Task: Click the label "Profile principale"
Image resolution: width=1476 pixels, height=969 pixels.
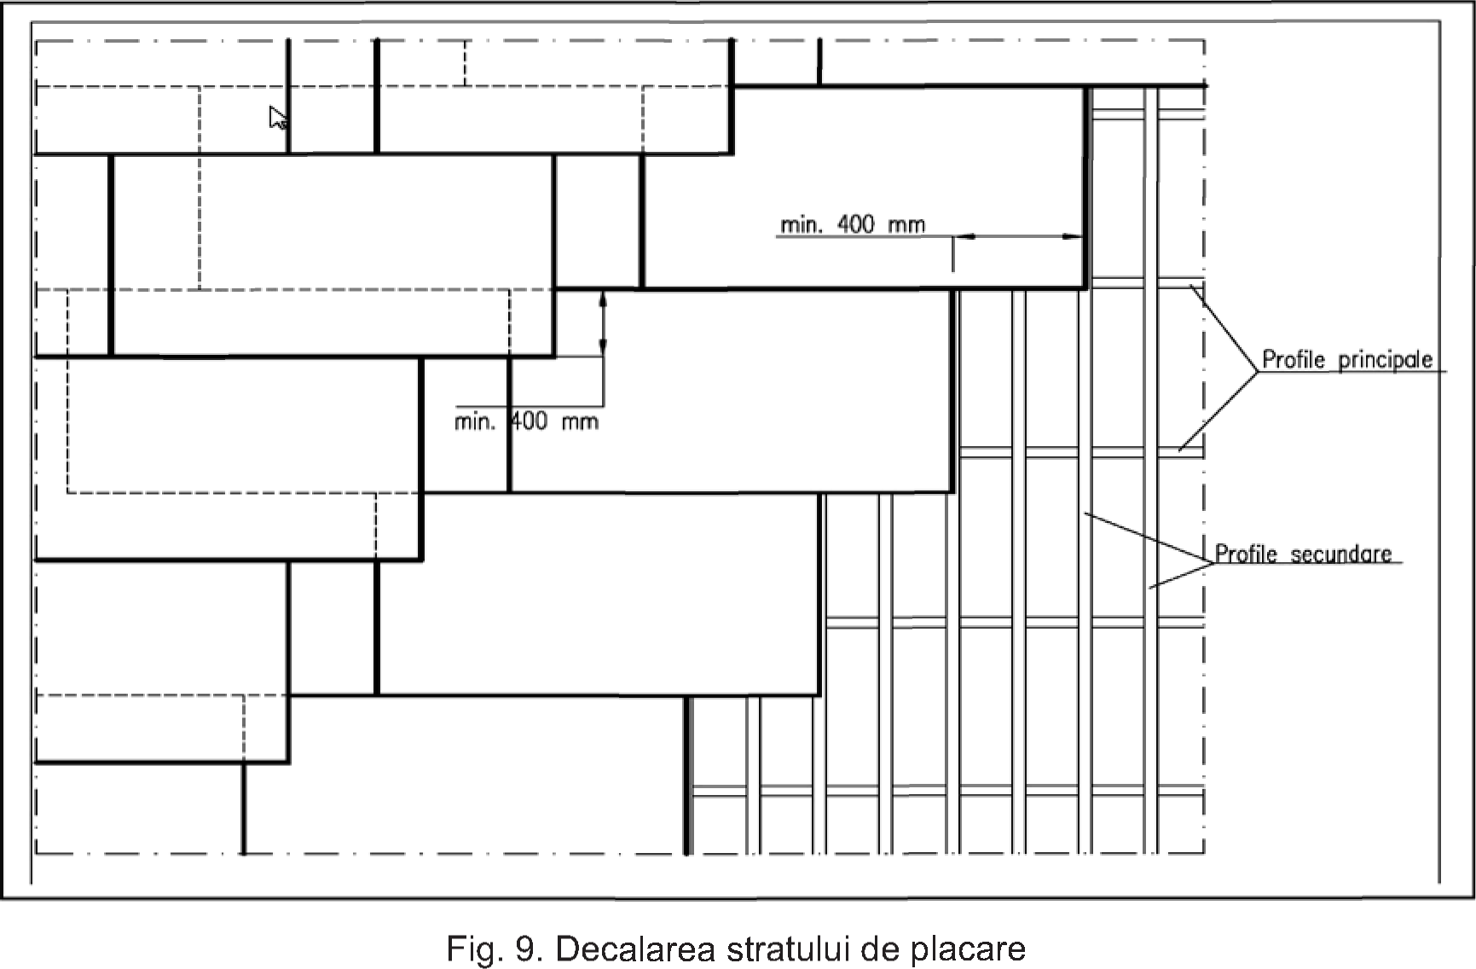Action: click(x=1347, y=360)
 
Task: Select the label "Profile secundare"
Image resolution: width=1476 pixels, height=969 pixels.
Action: click(x=1303, y=554)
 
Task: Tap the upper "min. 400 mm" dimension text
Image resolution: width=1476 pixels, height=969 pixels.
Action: click(x=853, y=224)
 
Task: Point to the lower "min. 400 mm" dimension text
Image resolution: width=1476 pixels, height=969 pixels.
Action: click(x=526, y=421)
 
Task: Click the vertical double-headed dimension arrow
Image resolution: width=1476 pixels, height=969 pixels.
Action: click(x=603, y=322)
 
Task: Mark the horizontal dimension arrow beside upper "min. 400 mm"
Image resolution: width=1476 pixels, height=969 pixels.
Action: click(x=1018, y=237)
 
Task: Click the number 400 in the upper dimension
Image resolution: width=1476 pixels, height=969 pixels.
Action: click(x=856, y=224)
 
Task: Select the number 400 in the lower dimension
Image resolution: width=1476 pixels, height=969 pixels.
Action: click(x=530, y=421)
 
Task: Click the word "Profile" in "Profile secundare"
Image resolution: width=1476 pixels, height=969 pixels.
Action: click(x=1246, y=554)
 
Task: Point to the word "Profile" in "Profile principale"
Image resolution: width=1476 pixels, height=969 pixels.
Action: click(x=1294, y=359)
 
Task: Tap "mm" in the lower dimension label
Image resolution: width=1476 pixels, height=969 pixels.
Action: click(x=580, y=421)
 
